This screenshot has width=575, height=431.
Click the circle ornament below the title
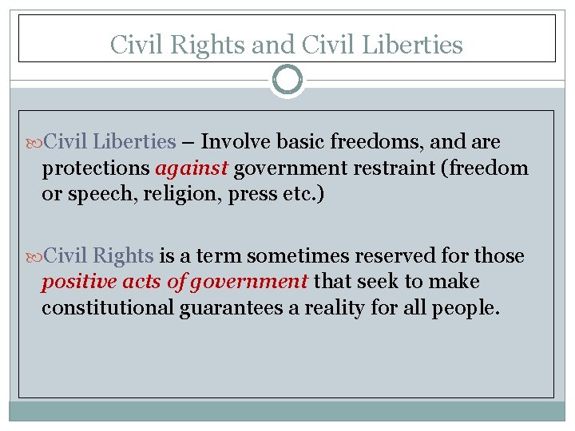[x=287, y=80]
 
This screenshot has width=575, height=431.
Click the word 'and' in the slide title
[x=271, y=45]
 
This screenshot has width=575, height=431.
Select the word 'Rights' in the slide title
[x=212, y=45]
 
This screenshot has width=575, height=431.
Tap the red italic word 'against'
[x=192, y=168]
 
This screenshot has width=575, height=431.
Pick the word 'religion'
[x=162, y=195]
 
